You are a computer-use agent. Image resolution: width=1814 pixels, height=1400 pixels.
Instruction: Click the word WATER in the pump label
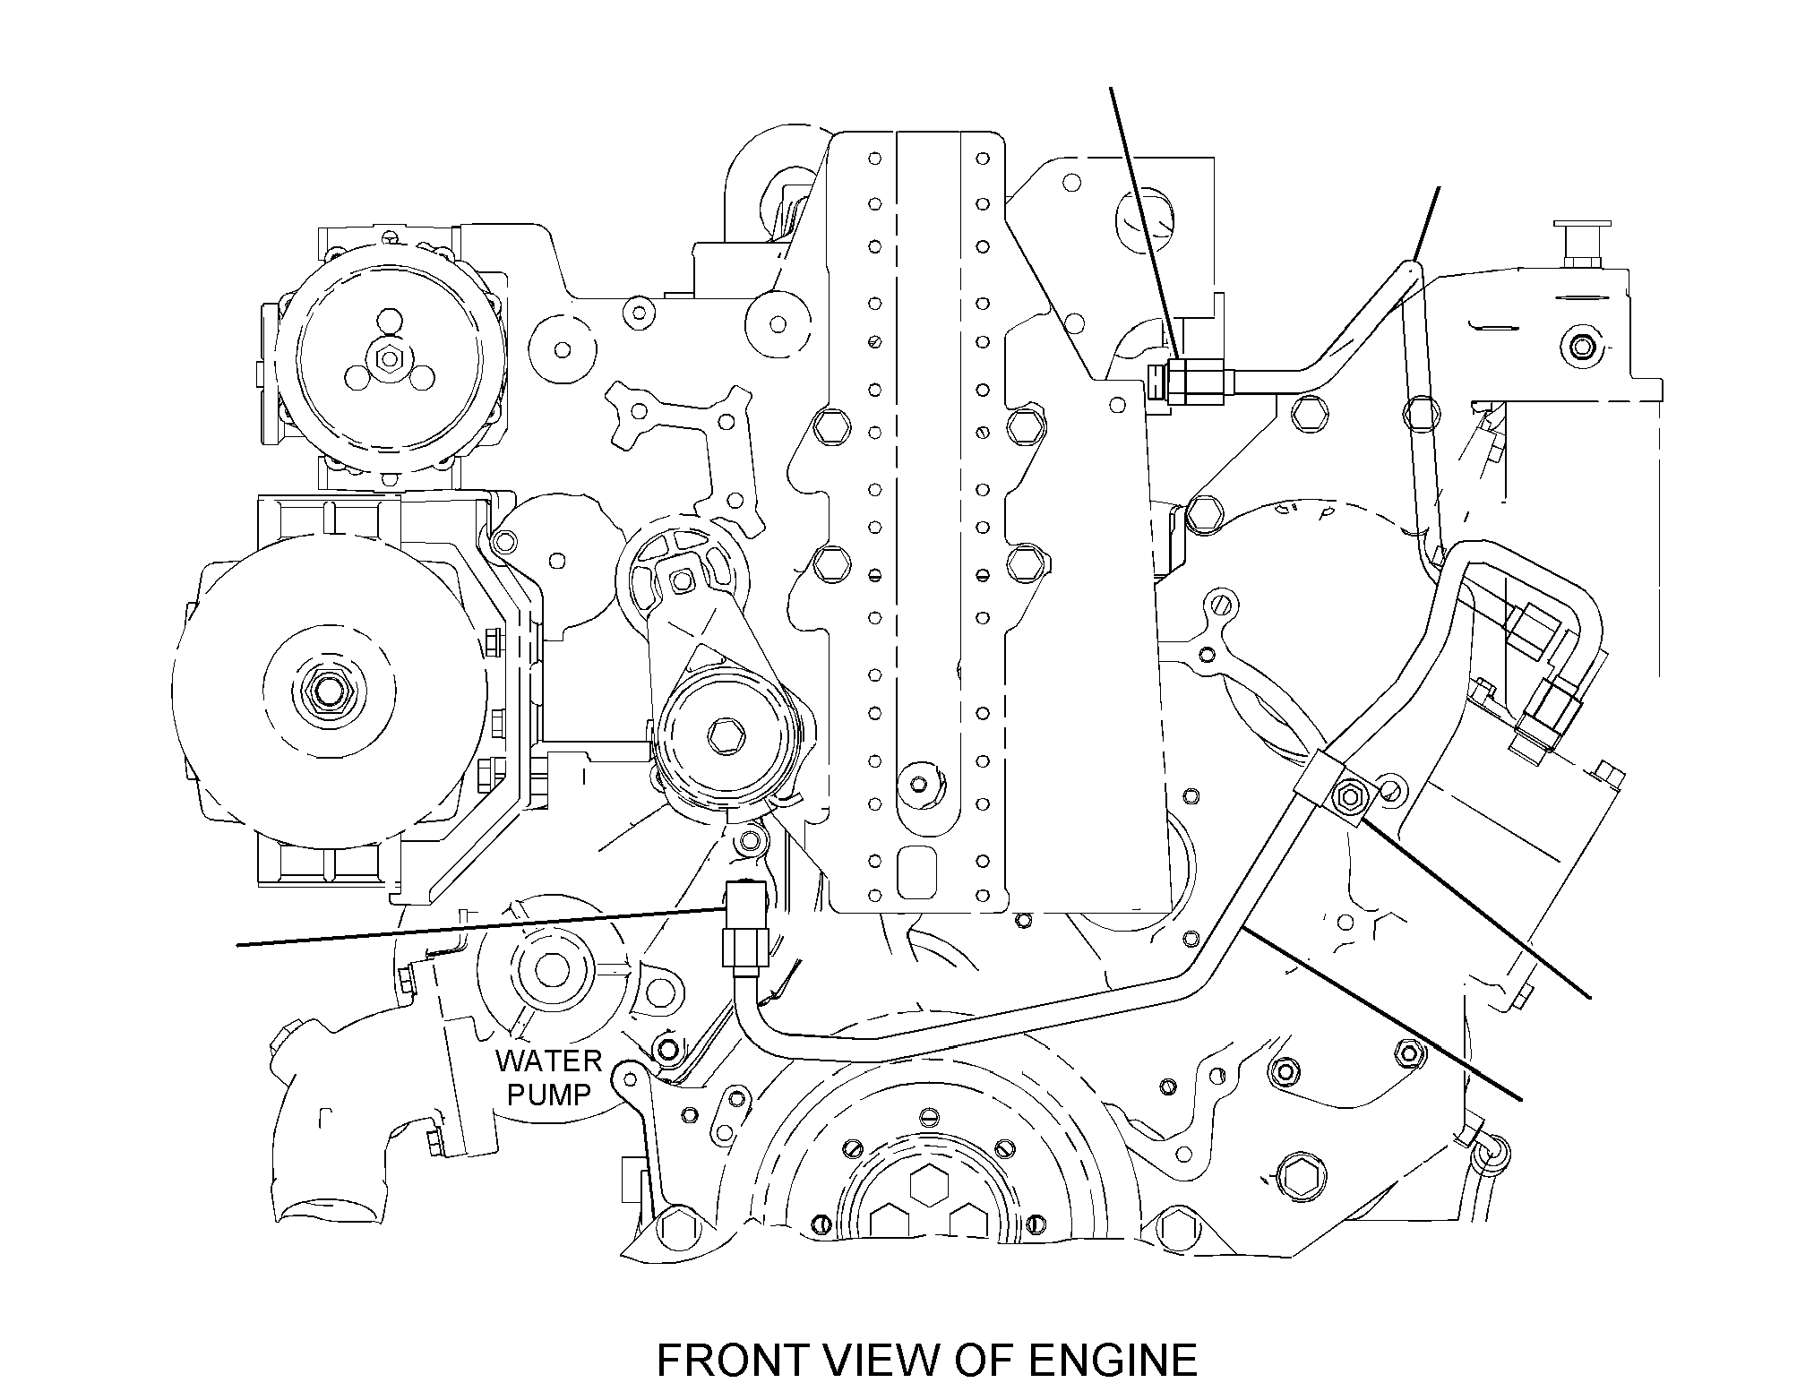click(548, 1061)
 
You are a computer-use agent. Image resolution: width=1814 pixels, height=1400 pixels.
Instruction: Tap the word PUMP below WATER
click(549, 1094)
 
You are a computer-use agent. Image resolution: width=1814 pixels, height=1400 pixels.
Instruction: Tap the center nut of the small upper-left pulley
click(389, 359)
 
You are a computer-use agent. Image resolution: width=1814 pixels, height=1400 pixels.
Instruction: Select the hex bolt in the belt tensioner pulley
click(724, 737)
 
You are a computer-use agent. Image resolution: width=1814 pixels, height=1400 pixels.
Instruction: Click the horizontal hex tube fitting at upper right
click(1191, 382)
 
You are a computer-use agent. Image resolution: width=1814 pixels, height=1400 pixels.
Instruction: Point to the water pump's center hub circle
click(549, 970)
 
